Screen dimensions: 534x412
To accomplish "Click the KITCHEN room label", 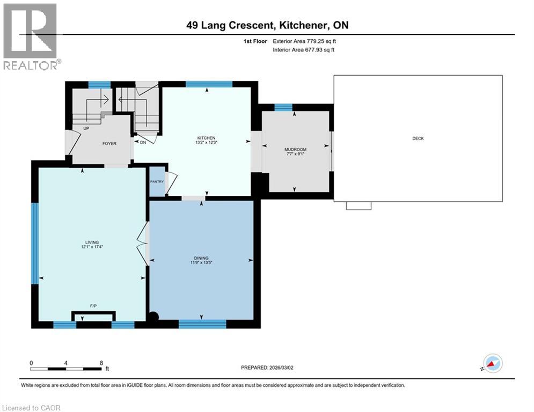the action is tap(207, 138).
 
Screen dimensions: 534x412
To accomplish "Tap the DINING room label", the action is tap(201, 258).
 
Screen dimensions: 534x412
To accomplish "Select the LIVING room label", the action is tap(92, 242).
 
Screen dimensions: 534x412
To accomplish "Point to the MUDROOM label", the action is tap(295, 150).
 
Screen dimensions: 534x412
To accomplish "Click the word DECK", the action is tap(418, 138).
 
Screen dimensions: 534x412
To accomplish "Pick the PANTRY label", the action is tap(157, 182).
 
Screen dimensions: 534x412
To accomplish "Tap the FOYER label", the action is tap(109, 144).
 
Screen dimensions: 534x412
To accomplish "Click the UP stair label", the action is tap(86, 128).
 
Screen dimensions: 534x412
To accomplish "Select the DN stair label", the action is tap(143, 142).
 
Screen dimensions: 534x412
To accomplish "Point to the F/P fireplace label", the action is tap(93, 306).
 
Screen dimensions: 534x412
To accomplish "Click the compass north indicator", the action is tap(493, 363).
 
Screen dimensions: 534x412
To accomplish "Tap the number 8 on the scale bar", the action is tap(101, 363).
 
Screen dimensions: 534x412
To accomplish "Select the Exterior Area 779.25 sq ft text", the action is tap(304, 41).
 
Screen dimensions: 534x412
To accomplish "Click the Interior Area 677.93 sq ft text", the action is tap(303, 50).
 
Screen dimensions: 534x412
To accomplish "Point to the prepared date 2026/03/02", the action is tap(281, 367).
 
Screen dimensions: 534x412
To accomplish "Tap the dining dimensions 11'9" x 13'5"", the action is tap(201, 262).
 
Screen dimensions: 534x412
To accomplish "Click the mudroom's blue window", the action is tap(283, 107).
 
